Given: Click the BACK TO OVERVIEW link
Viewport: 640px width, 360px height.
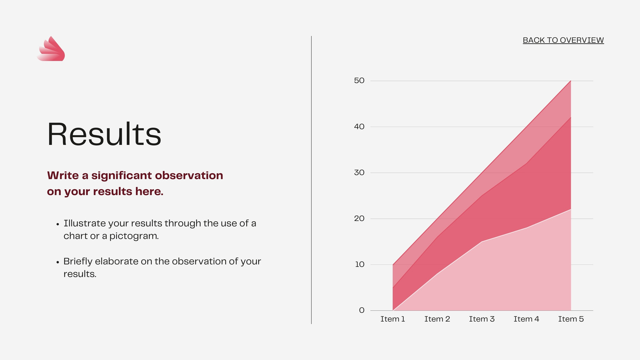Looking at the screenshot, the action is coord(563,40).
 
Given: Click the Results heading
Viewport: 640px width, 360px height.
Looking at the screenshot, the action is coord(104,134).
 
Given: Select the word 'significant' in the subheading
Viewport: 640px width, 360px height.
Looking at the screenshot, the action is coord(122,176).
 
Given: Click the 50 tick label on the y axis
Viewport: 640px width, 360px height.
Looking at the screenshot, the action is coord(359,80).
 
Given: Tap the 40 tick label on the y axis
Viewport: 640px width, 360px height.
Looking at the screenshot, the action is coord(359,126).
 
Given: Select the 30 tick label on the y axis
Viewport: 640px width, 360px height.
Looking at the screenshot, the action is coord(359,172).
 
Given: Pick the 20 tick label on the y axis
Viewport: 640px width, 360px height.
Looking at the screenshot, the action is coord(359,218).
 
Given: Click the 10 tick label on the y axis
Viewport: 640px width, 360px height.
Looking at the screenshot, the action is coord(360,264).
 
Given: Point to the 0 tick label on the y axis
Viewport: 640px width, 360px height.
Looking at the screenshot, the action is coord(362,310).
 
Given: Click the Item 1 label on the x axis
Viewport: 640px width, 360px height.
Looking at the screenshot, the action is coord(392,319).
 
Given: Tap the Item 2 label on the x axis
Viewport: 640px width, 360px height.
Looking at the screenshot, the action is coord(437,319).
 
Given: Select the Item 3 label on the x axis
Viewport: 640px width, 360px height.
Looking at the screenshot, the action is coord(482,319).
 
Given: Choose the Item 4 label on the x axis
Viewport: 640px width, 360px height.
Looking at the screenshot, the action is coord(526,319).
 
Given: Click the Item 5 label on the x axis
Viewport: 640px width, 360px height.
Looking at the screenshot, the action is coord(571,319).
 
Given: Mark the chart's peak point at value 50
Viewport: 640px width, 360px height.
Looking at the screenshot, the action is coord(571,81).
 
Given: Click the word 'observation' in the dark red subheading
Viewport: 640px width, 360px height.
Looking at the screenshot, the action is coord(189,176).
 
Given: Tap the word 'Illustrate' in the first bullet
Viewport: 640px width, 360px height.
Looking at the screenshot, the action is coord(84,224).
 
